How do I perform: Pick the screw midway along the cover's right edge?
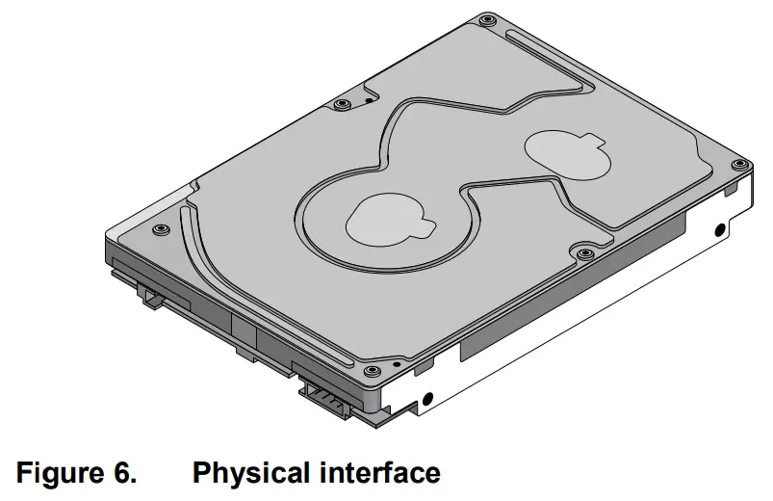pos(585,254)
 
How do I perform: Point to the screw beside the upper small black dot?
pos(342,103)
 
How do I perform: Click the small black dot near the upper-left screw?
pos(369,98)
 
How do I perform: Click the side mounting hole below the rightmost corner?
pos(719,230)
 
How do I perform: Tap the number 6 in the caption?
pos(128,473)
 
